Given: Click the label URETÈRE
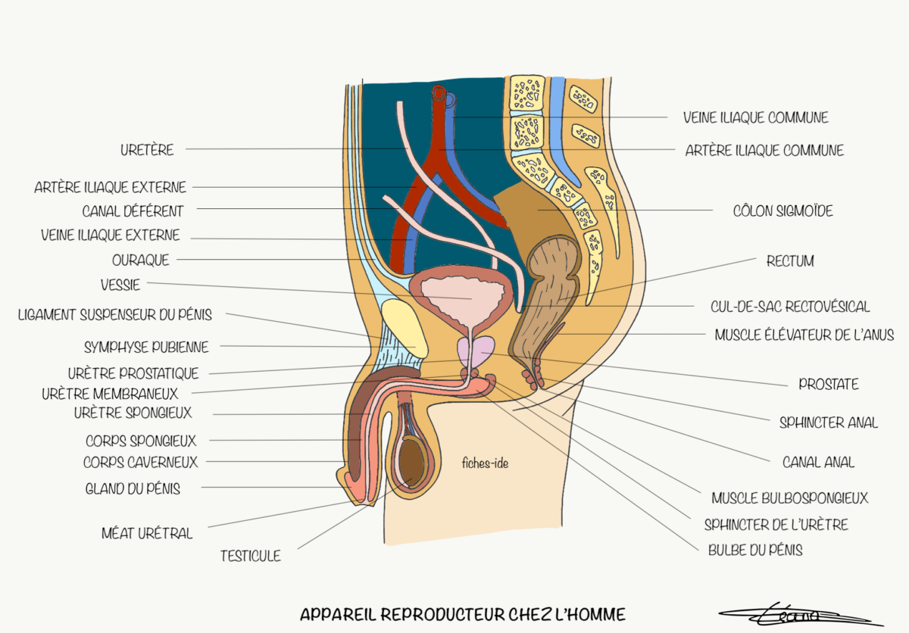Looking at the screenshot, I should [x=147, y=150].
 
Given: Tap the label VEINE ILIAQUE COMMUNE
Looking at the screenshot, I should [x=755, y=117].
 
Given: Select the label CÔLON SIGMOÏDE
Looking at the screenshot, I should [x=782, y=211].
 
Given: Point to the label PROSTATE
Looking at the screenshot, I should [x=829, y=384].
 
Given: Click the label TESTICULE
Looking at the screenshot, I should [x=250, y=556].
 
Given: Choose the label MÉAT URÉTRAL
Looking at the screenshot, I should [x=147, y=533].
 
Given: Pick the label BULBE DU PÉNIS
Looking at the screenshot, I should [x=754, y=550].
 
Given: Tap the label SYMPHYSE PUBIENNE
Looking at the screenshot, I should [x=146, y=348].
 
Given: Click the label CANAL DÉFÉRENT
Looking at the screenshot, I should [x=133, y=210].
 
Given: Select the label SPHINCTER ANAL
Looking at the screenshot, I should [x=829, y=423].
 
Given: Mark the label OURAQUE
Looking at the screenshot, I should [x=141, y=260].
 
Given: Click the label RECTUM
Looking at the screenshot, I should [x=790, y=261].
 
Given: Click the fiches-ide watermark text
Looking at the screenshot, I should [x=485, y=463].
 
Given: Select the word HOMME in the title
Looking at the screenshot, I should [x=594, y=614].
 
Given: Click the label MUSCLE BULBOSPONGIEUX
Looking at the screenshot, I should [x=789, y=497].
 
